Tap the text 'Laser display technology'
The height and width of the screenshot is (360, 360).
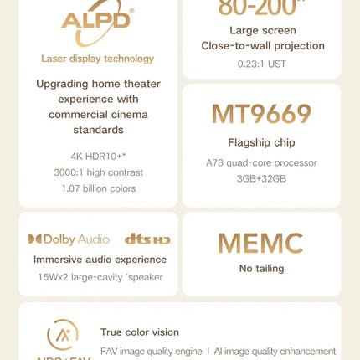(x=98, y=59)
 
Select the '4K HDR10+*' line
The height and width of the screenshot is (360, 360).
(x=98, y=157)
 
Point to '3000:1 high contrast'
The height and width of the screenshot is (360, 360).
(x=98, y=172)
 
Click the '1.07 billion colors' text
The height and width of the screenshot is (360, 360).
(x=98, y=188)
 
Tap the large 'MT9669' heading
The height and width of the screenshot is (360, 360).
(x=261, y=115)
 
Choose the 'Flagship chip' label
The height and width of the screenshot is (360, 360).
(x=261, y=142)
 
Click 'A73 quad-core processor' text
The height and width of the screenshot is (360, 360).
(x=261, y=162)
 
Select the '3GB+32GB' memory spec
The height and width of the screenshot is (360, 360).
(x=261, y=178)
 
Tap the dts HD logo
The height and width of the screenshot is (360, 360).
(x=147, y=239)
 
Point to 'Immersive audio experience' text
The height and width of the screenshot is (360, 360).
(x=100, y=260)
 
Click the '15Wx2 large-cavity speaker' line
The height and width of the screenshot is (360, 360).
(x=100, y=277)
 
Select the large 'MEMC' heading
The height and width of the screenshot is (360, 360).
(x=260, y=244)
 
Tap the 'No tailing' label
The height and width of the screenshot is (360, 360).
(x=261, y=269)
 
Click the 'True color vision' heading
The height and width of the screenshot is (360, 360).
(x=140, y=332)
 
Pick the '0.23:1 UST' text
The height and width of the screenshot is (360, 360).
(x=261, y=64)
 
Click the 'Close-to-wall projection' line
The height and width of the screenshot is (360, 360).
(x=261, y=45)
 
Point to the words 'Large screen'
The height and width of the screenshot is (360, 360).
(x=261, y=29)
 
